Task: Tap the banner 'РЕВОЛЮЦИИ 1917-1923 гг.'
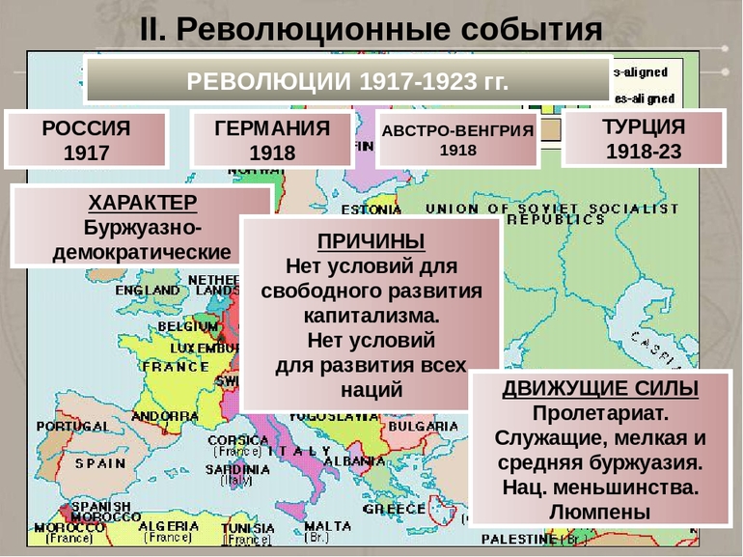pyautogui.click(x=346, y=80)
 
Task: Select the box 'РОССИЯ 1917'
pyautogui.click(x=86, y=140)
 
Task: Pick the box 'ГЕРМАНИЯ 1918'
pyautogui.click(x=271, y=140)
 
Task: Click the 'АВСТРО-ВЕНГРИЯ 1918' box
pyautogui.click(x=457, y=140)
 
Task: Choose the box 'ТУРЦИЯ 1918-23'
pyautogui.click(x=643, y=139)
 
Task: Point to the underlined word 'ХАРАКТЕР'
pyautogui.click(x=142, y=203)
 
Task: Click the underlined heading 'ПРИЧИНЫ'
pyautogui.click(x=371, y=240)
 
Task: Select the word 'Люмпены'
pyautogui.click(x=600, y=513)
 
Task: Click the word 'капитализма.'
pyautogui.click(x=371, y=315)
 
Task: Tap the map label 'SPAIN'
pyautogui.click(x=100, y=462)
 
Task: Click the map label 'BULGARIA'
pyautogui.click(x=426, y=426)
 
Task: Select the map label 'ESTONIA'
pyautogui.click(x=371, y=209)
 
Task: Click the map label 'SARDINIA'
pyautogui.click(x=236, y=469)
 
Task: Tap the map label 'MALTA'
pyautogui.click(x=328, y=526)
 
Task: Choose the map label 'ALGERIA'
pyautogui.click(x=169, y=526)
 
